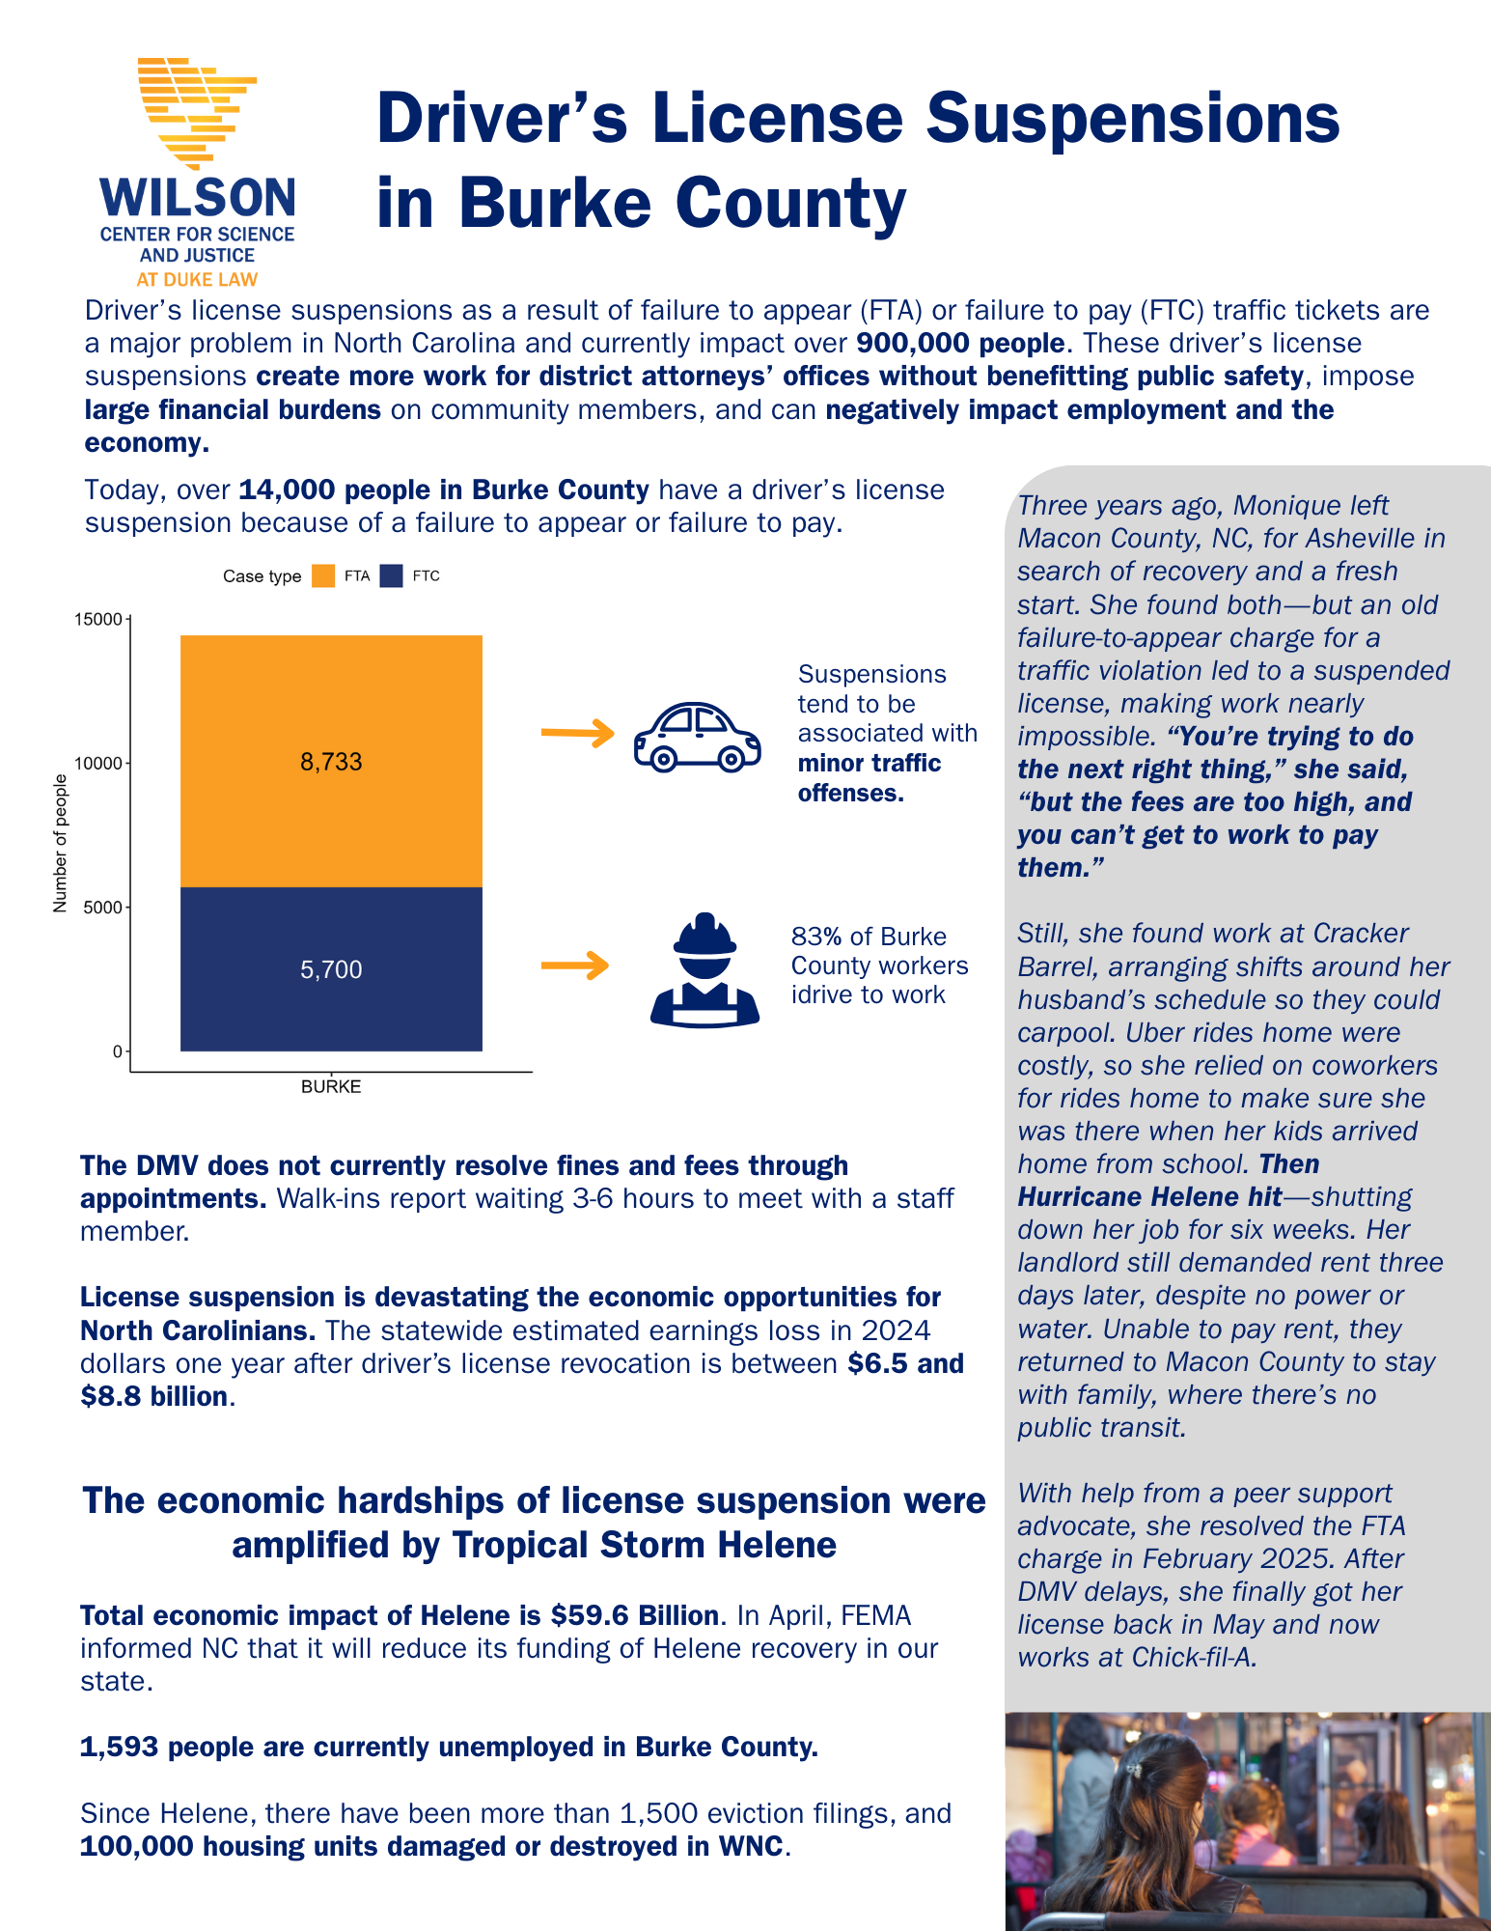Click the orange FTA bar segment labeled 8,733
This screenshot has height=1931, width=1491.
[x=331, y=761]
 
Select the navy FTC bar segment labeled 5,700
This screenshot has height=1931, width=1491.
[x=331, y=968]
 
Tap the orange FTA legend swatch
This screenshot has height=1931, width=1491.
[x=323, y=576]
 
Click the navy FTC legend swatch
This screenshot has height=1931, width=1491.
[x=391, y=576]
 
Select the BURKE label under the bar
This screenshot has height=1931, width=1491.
[x=331, y=1086]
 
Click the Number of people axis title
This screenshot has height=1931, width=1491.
[x=61, y=843]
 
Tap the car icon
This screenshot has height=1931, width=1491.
[x=697, y=737]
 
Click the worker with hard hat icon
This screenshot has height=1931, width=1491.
[x=704, y=969]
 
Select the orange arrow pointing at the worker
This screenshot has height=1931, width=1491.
[x=575, y=965]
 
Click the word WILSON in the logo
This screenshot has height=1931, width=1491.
[x=198, y=199]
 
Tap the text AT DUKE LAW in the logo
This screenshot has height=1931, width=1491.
[x=197, y=280]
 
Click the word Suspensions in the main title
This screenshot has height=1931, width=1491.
[x=1133, y=118]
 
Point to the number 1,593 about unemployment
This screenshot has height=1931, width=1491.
[x=119, y=1747]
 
